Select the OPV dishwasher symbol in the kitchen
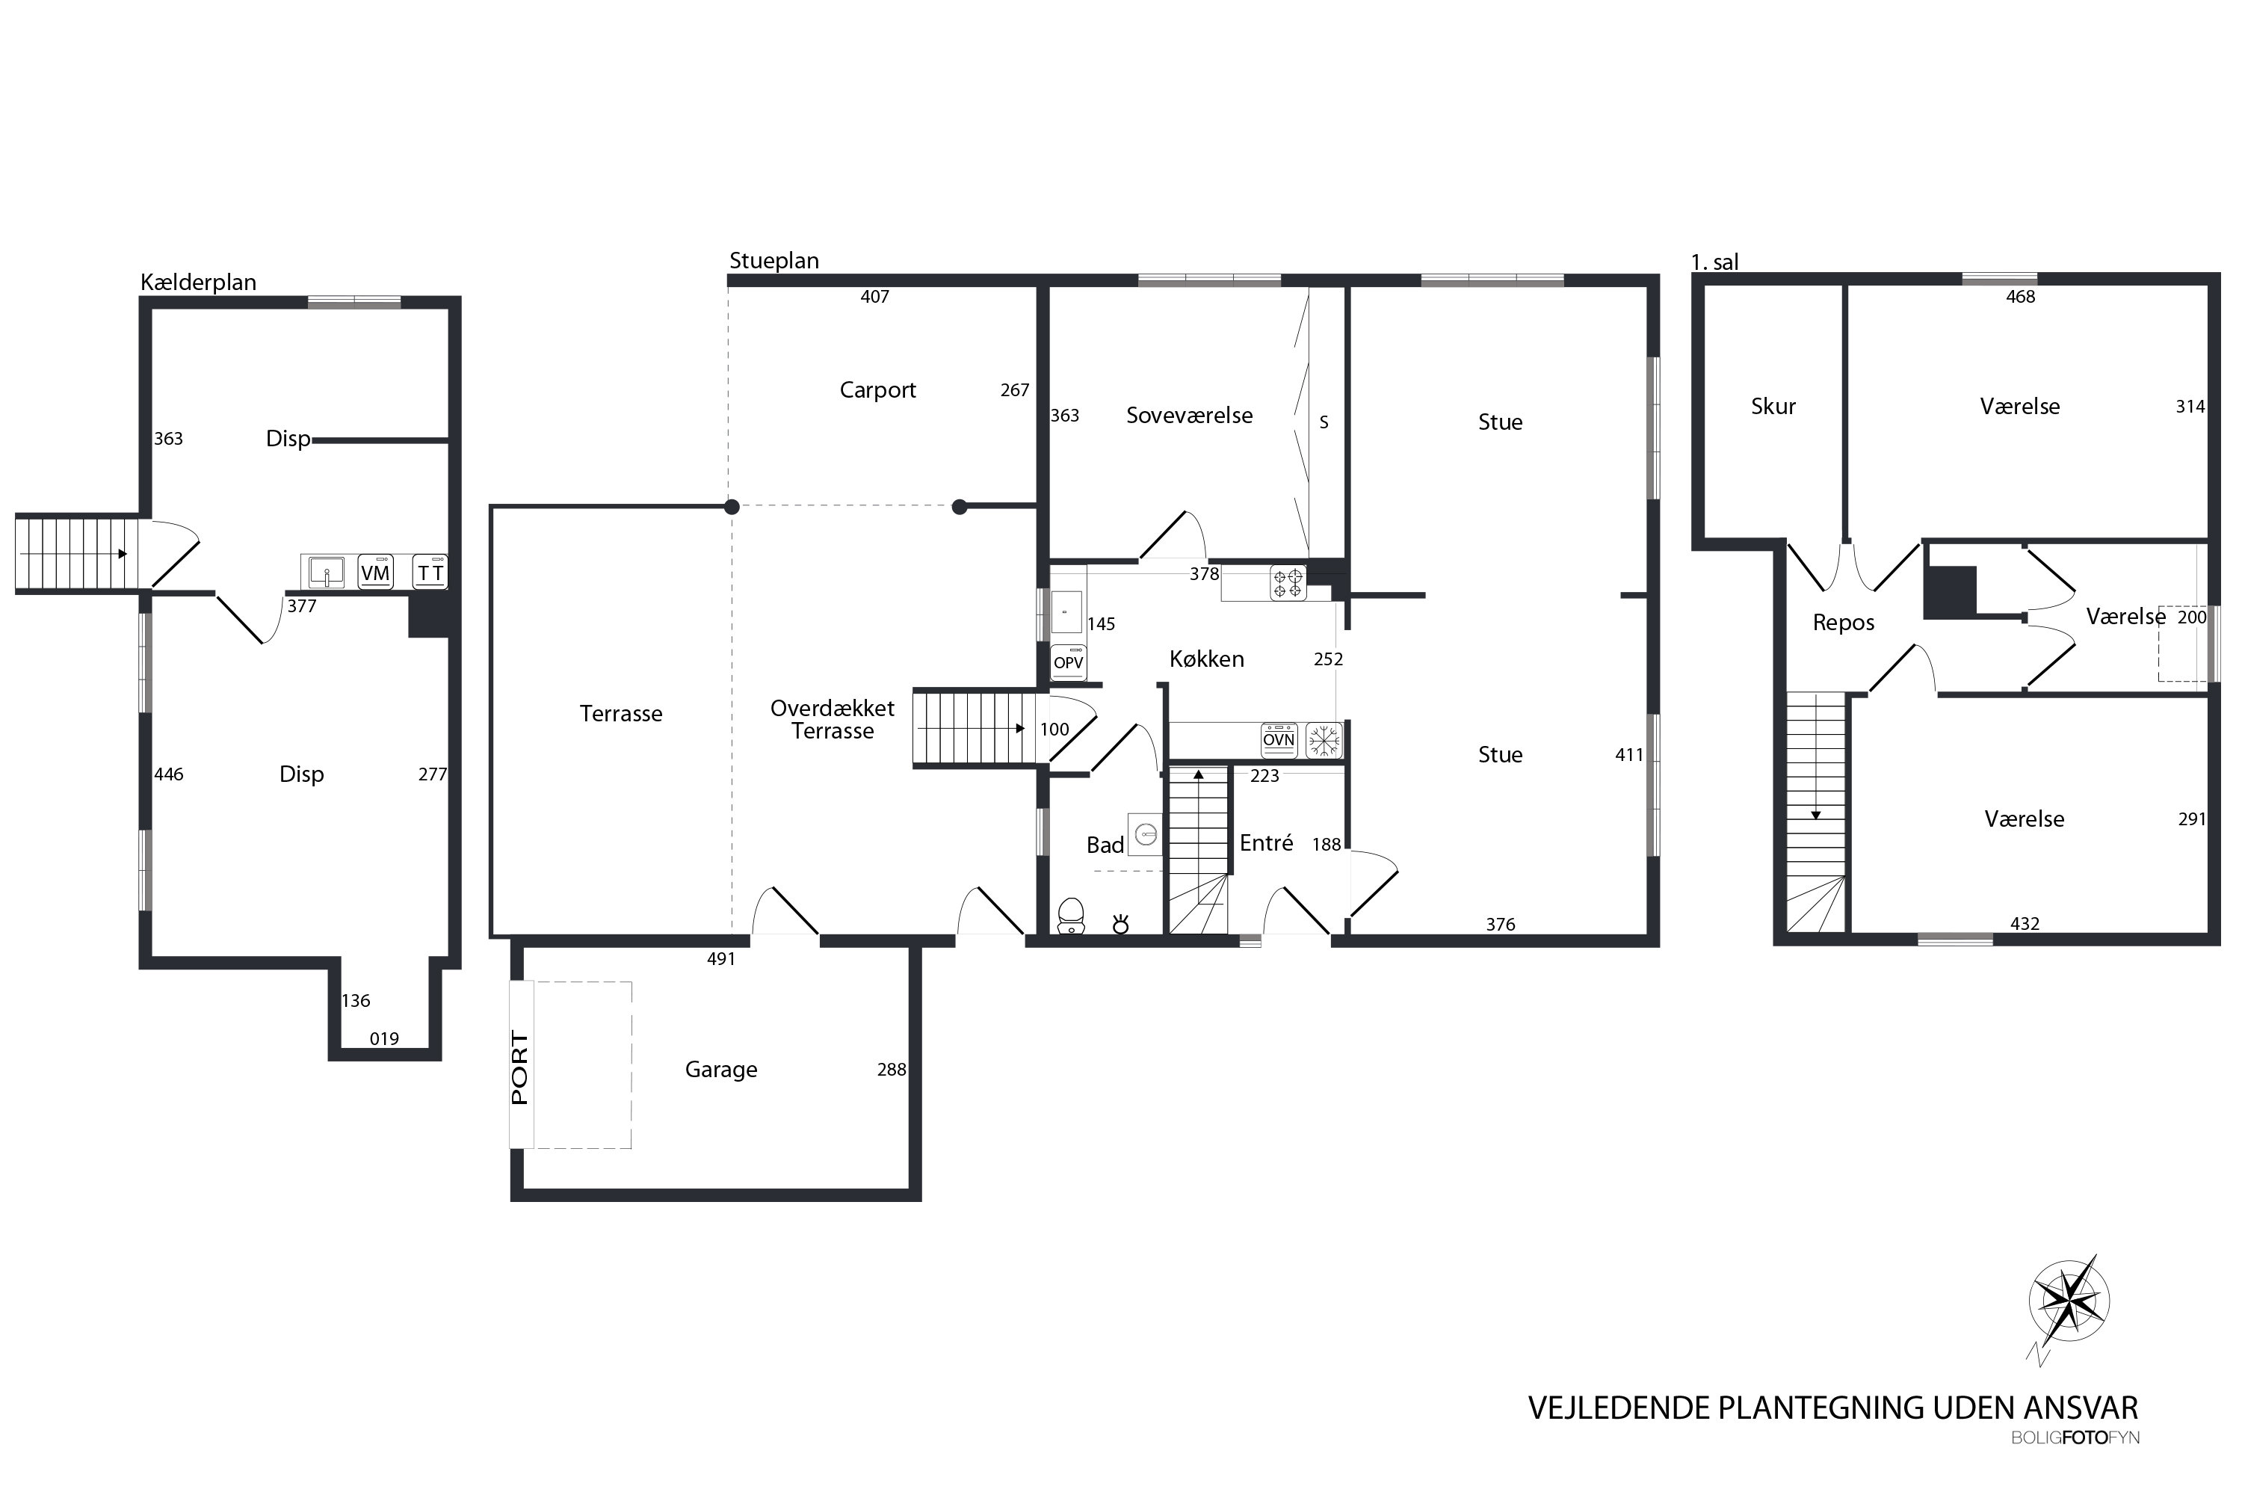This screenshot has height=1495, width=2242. pos(1069,662)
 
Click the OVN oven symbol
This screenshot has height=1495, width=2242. pos(1279,739)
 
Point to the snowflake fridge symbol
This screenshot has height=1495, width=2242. pos(1323,740)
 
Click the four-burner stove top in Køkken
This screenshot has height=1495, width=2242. pos(1288,582)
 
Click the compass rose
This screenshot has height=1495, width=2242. pos(2069,1301)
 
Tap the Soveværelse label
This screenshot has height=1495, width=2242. pos(1189,415)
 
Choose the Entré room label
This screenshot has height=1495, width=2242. pos(1266,843)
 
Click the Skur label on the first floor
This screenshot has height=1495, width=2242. pos(1773,406)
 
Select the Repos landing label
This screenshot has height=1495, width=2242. pos(1844,623)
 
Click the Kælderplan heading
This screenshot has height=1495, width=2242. pos(198,283)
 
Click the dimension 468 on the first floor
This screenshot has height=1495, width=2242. pos(2020,297)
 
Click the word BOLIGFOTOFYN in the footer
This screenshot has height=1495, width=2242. pos(2075,1437)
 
